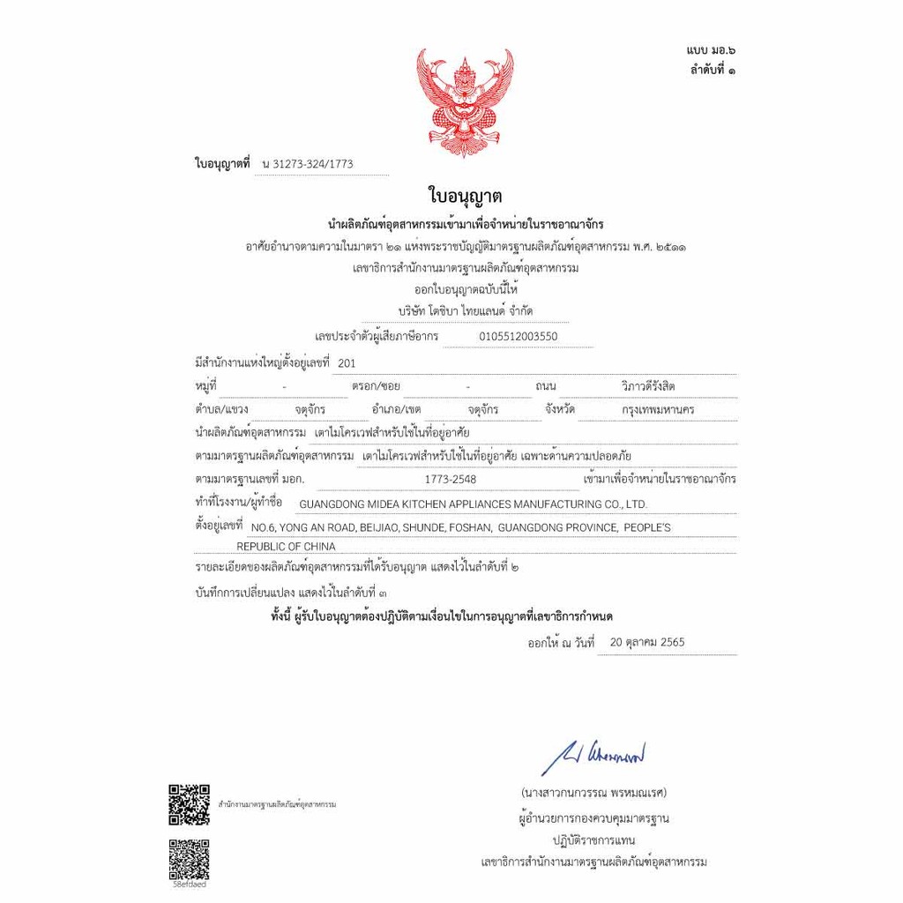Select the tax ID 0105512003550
pos(519,336)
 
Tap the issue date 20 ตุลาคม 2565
pos(647,642)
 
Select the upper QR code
pos(189,803)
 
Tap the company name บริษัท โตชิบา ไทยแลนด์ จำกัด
pos(465,310)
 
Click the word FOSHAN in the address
pos(470,527)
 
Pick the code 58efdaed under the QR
pos(189,884)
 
